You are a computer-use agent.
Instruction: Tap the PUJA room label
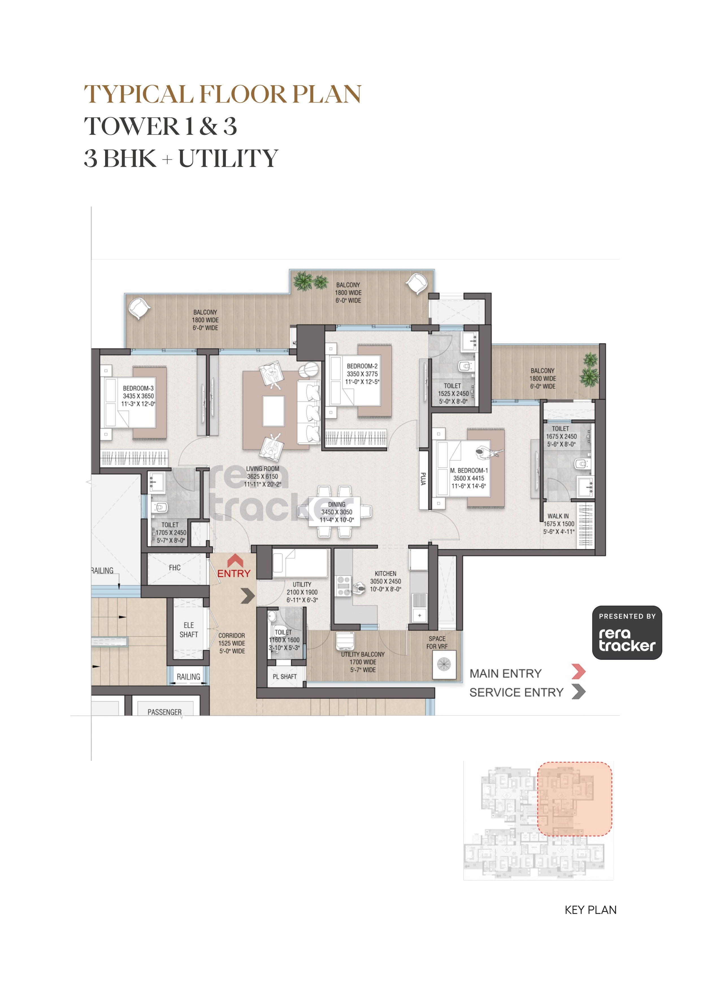[424, 479]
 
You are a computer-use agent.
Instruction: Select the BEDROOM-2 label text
[362, 366]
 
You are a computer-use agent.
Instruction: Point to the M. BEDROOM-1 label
[469, 470]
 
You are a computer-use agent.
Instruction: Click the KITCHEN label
[385, 573]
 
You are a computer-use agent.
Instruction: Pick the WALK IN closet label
[558, 516]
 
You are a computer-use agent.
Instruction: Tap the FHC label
[174, 568]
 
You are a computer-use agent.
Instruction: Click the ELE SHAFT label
[189, 630]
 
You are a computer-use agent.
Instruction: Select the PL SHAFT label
[285, 676]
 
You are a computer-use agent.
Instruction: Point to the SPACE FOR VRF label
[437, 643]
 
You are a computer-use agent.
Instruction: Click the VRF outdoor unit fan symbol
[444, 664]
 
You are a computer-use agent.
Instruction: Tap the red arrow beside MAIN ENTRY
[578, 672]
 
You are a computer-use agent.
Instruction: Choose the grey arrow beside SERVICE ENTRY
[578, 692]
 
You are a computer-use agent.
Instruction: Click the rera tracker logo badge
[627, 632]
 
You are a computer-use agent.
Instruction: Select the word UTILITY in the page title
[228, 158]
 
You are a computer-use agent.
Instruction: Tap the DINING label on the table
[337, 505]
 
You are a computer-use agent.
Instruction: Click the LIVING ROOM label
[262, 469]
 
